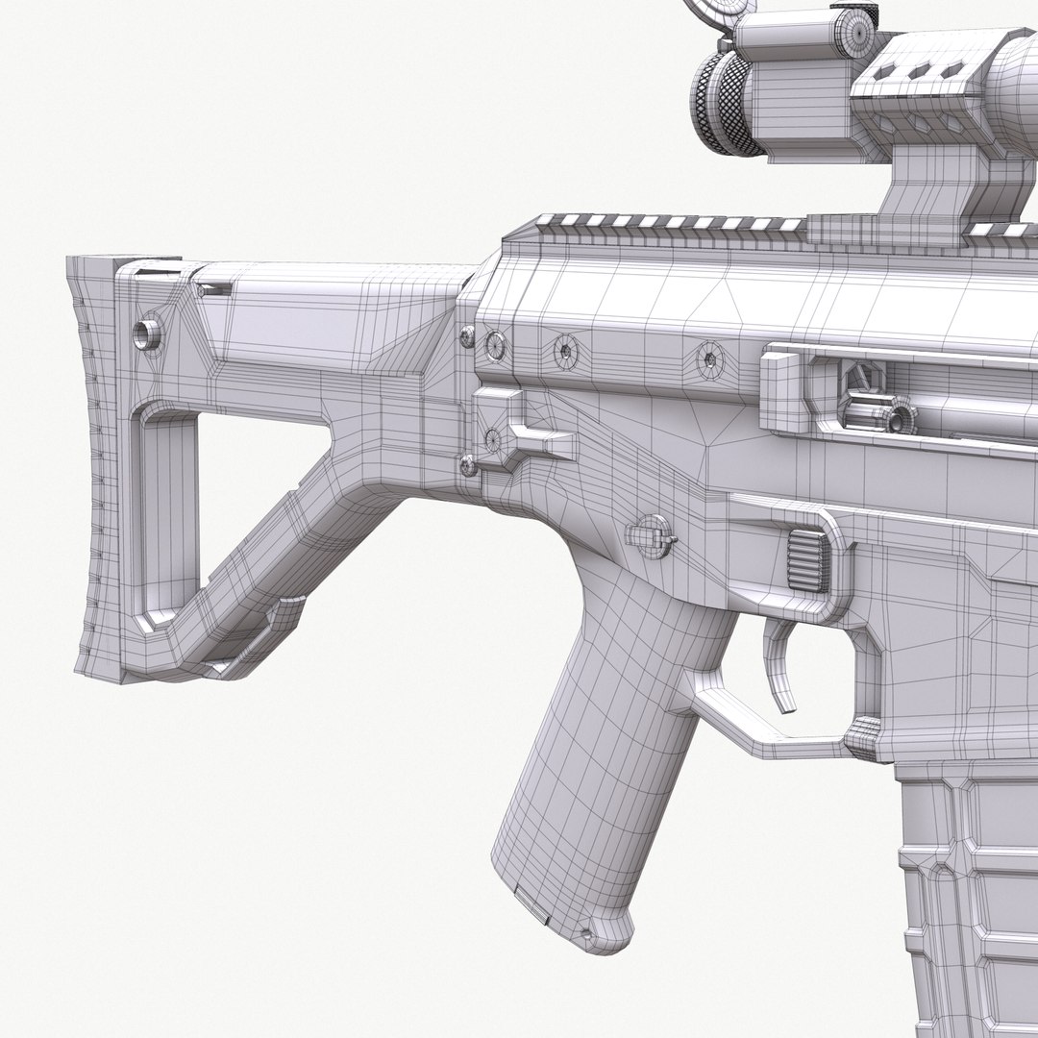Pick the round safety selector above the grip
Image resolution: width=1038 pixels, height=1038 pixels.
click(x=651, y=533)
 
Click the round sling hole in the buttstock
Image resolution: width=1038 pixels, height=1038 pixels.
click(x=148, y=334)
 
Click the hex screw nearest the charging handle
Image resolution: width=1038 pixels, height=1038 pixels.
click(x=709, y=358)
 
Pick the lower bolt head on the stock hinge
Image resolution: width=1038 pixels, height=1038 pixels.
click(x=467, y=466)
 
